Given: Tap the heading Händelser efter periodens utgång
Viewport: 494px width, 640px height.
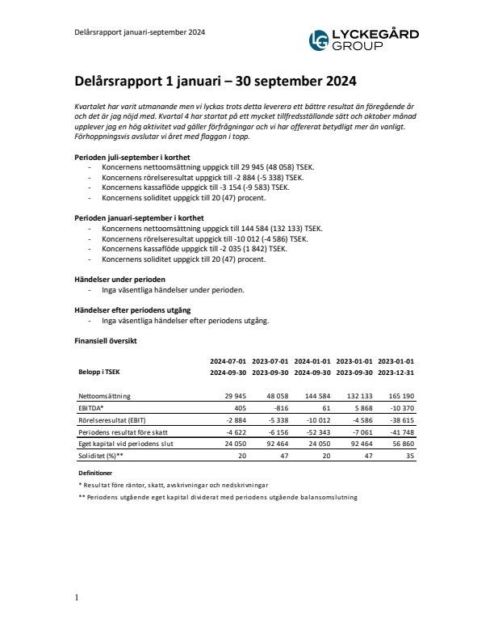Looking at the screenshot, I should click(x=132, y=309).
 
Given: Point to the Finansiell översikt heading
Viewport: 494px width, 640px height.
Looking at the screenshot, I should click(x=106, y=341).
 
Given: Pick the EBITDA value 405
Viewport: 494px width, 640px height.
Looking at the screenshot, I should click(x=237, y=409).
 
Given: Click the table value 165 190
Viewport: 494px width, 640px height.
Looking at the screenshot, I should click(x=399, y=397).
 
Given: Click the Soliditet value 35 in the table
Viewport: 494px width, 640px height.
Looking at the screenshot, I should click(x=409, y=456).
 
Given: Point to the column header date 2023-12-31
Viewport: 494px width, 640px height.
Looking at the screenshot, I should click(x=396, y=373).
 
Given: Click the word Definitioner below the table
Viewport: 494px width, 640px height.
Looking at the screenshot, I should click(x=94, y=472).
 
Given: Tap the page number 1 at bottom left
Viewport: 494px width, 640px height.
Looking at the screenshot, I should click(x=76, y=598).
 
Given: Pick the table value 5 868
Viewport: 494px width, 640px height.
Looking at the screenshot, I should click(x=359, y=409).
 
